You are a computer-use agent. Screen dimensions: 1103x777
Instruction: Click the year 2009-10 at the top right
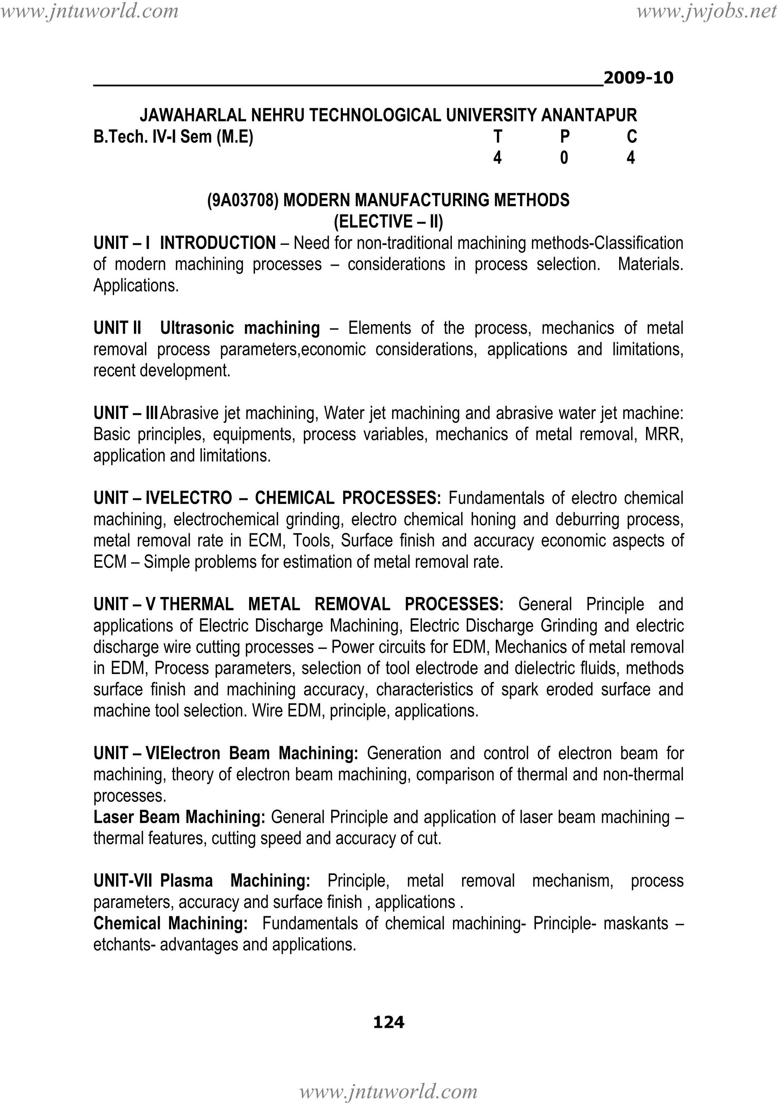638,78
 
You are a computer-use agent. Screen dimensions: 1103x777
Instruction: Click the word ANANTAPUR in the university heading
589,115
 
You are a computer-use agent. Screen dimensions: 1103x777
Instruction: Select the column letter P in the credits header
565,137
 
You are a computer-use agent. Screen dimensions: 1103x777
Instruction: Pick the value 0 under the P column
564,158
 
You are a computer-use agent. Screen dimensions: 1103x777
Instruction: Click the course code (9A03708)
242,200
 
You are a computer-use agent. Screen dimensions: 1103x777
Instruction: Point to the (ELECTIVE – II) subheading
388,221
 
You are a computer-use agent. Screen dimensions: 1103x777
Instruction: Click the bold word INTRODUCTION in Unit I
217,243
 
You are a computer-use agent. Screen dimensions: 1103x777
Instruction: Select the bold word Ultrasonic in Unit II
197,328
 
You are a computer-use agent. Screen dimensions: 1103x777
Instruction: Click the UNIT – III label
126,413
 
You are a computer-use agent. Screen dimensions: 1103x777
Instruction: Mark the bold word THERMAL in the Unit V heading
197,604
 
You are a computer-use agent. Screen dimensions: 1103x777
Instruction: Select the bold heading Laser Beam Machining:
179,817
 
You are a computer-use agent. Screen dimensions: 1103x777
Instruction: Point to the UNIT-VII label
123,881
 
